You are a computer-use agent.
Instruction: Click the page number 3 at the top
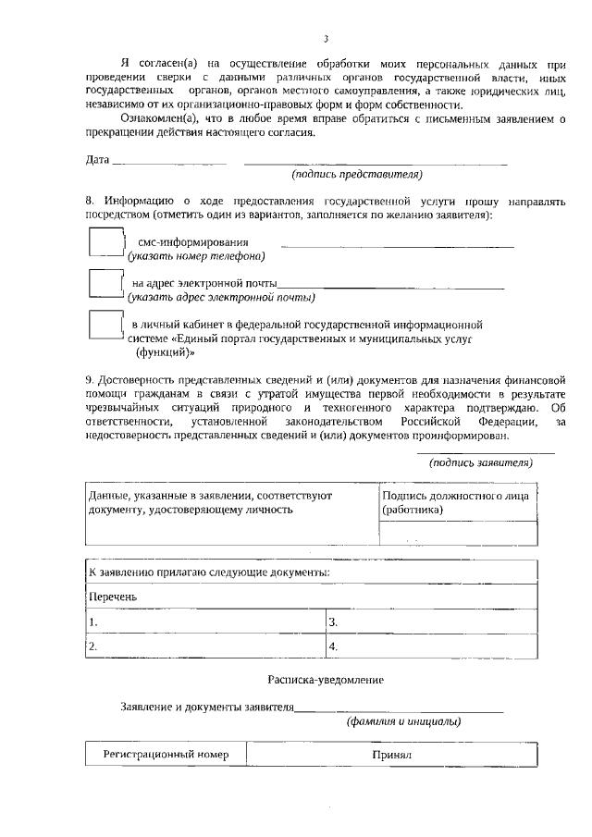click(326, 39)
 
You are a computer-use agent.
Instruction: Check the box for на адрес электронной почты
click(105, 283)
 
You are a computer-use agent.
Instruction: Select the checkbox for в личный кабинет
click(105, 325)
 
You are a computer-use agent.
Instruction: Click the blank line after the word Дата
click(168, 163)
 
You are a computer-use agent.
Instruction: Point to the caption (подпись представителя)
click(357, 174)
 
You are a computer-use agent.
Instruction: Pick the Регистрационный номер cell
click(166, 755)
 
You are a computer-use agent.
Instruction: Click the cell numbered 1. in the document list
click(205, 622)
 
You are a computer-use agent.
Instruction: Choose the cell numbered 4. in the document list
click(431, 646)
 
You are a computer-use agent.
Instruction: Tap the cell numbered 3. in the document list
click(431, 622)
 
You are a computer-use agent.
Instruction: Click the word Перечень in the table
click(113, 597)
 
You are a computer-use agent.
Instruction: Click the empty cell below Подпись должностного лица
click(459, 535)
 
